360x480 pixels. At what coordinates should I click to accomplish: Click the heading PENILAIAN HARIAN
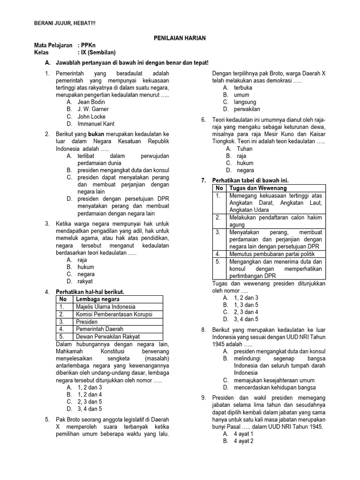(x=180, y=37)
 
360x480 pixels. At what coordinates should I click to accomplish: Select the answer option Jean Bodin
(x=91, y=102)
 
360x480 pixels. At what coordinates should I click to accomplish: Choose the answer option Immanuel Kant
(x=96, y=124)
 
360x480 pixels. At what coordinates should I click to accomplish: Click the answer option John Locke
(x=91, y=117)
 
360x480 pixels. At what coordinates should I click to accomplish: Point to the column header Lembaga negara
(x=97, y=300)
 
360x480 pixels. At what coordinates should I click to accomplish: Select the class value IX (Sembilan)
(x=98, y=52)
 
